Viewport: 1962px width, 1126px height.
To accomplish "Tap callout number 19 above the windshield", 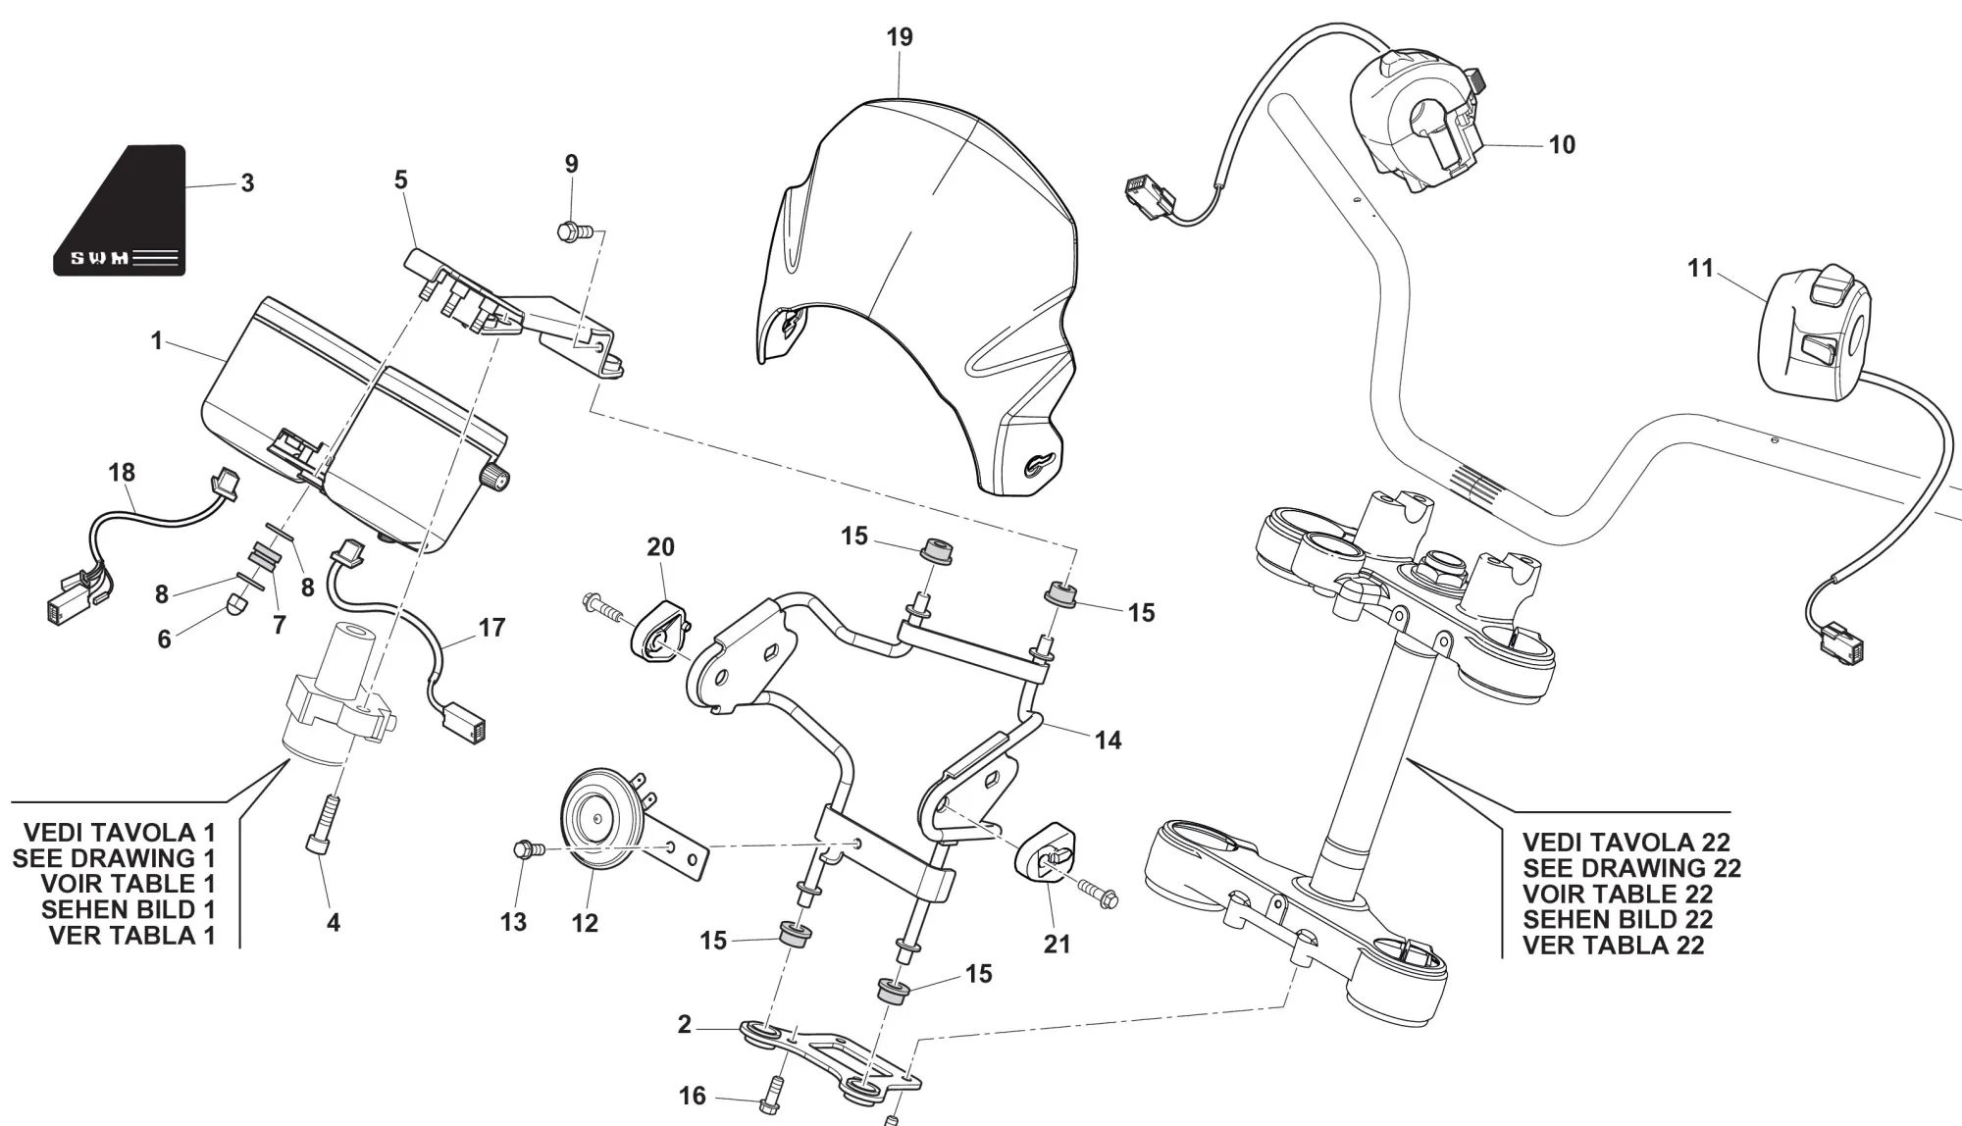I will click(899, 37).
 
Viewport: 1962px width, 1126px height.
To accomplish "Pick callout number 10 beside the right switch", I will click(1562, 145).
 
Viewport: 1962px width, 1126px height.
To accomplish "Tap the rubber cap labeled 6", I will click(236, 604).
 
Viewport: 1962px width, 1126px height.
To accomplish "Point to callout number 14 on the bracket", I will click(1108, 741).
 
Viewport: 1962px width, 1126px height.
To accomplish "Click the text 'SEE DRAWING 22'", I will click(1631, 868).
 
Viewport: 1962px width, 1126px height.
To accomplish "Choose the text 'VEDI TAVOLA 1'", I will click(119, 833).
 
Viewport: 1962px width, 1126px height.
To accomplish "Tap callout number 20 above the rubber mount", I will click(660, 546).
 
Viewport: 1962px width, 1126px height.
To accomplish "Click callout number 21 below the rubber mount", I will click(1057, 944).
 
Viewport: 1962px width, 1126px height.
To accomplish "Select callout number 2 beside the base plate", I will click(685, 1025).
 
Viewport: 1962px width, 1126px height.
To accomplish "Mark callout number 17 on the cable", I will click(491, 628).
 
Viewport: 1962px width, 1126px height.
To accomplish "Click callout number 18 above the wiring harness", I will click(122, 473).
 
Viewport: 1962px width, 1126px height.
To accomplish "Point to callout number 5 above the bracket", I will click(400, 180).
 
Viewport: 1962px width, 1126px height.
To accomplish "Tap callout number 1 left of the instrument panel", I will click(156, 341).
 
